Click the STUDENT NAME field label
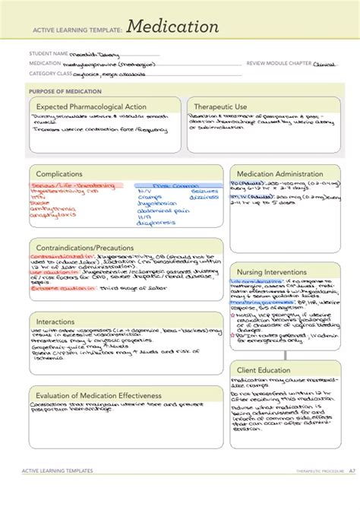[x=49, y=54]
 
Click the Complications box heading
[x=59, y=174]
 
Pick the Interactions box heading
[x=56, y=322]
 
